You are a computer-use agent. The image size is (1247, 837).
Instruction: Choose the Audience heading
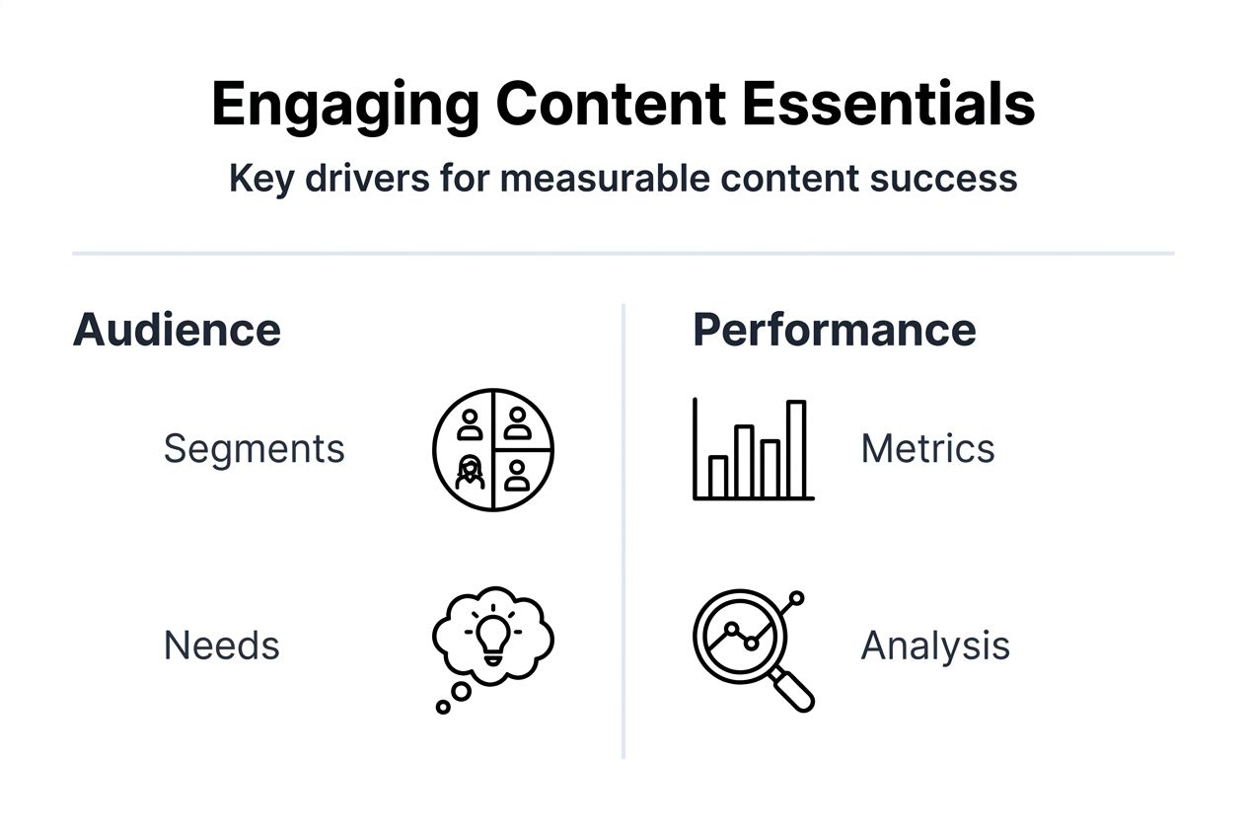click(177, 330)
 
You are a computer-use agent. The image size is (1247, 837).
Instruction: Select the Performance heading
click(834, 330)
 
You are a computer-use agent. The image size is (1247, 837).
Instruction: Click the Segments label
click(254, 449)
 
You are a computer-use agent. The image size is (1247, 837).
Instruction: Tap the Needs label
click(221, 646)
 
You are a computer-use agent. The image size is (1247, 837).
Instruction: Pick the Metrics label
click(927, 449)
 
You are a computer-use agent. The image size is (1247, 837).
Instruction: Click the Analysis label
click(935, 646)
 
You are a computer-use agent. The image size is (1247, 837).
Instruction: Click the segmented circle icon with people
click(493, 449)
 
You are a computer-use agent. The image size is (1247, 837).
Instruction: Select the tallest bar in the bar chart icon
click(796, 449)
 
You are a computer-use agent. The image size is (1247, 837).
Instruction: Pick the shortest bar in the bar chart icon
click(718, 477)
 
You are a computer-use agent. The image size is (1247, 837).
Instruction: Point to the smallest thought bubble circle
click(443, 707)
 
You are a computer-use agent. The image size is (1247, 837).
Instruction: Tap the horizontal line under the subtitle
click(623, 254)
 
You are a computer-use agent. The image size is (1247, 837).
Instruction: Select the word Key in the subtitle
click(259, 179)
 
